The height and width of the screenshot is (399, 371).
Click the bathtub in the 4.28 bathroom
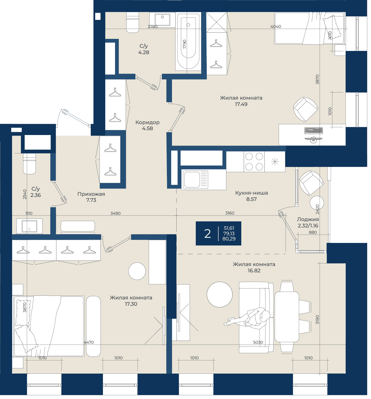click(188, 41)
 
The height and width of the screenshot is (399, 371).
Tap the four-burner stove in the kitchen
click(254, 161)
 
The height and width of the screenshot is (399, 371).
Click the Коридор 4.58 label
click(148, 125)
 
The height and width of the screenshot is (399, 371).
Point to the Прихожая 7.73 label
click(91, 197)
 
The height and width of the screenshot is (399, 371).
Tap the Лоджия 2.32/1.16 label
click(308, 223)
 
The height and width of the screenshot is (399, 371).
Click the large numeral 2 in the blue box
click(208, 234)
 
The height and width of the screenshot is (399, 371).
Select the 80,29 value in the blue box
click(229, 239)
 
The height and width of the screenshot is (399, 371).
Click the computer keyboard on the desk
click(313, 131)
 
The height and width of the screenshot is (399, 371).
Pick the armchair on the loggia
click(311, 183)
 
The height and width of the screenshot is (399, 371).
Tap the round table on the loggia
click(317, 203)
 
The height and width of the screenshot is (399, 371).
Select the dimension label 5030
click(258, 342)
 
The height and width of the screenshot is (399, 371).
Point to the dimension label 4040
click(276, 26)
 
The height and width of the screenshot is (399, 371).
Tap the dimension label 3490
click(115, 213)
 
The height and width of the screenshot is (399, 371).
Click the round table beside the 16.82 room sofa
click(220, 294)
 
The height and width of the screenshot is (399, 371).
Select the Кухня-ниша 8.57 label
click(252, 196)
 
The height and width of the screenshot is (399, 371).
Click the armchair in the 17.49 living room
click(305, 109)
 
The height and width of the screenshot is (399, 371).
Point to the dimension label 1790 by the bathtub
click(185, 44)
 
